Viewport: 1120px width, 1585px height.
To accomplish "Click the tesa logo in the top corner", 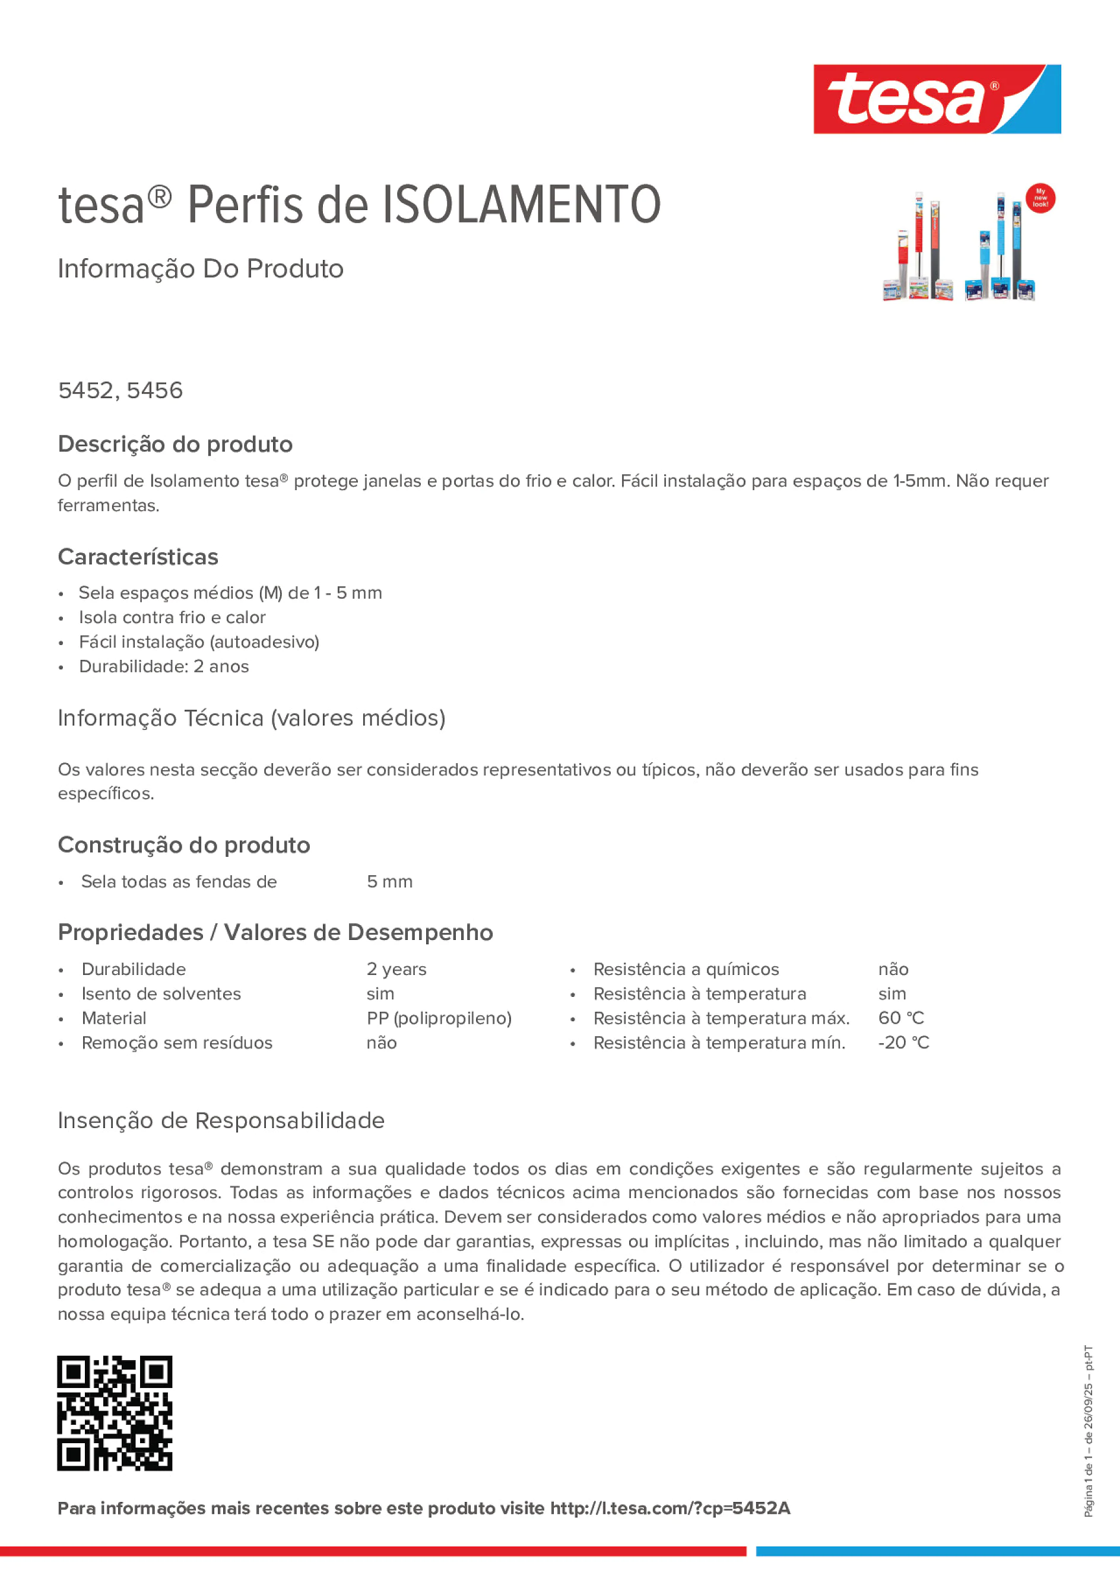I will [x=937, y=100].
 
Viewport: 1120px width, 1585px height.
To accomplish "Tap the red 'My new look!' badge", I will [x=1040, y=198].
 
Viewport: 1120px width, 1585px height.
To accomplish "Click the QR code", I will [x=115, y=1413].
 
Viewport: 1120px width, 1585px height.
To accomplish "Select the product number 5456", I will [x=155, y=390].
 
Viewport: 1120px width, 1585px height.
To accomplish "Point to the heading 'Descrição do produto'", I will [x=175, y=444].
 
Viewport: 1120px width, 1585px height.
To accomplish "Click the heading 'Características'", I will [x=138, y=557].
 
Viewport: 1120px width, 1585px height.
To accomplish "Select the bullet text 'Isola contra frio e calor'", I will [x=172, y=617].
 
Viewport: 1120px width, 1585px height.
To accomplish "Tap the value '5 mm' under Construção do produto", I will [x=389, y=882].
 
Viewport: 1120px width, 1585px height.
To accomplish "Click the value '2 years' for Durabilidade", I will [x=396, y=969].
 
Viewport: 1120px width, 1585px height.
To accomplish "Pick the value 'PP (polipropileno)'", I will [x=439, y=1018].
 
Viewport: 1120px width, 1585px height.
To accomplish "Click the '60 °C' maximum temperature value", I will [x=901, y=1018].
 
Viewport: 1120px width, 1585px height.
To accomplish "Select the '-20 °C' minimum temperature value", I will [x=903, y=1043].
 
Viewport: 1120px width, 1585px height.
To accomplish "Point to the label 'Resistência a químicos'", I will [x=686, y=969].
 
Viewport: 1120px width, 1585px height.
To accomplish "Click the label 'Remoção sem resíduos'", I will [x=177, y=1043].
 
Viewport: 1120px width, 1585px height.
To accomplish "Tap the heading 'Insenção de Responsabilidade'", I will [x=221, y=1120].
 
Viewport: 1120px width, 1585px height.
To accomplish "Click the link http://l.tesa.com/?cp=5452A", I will [x=670, y=1508].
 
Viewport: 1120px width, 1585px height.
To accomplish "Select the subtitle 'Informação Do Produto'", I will [x=200, y=269].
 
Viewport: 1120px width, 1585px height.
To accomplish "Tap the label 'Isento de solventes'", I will [x=161, y=993].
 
